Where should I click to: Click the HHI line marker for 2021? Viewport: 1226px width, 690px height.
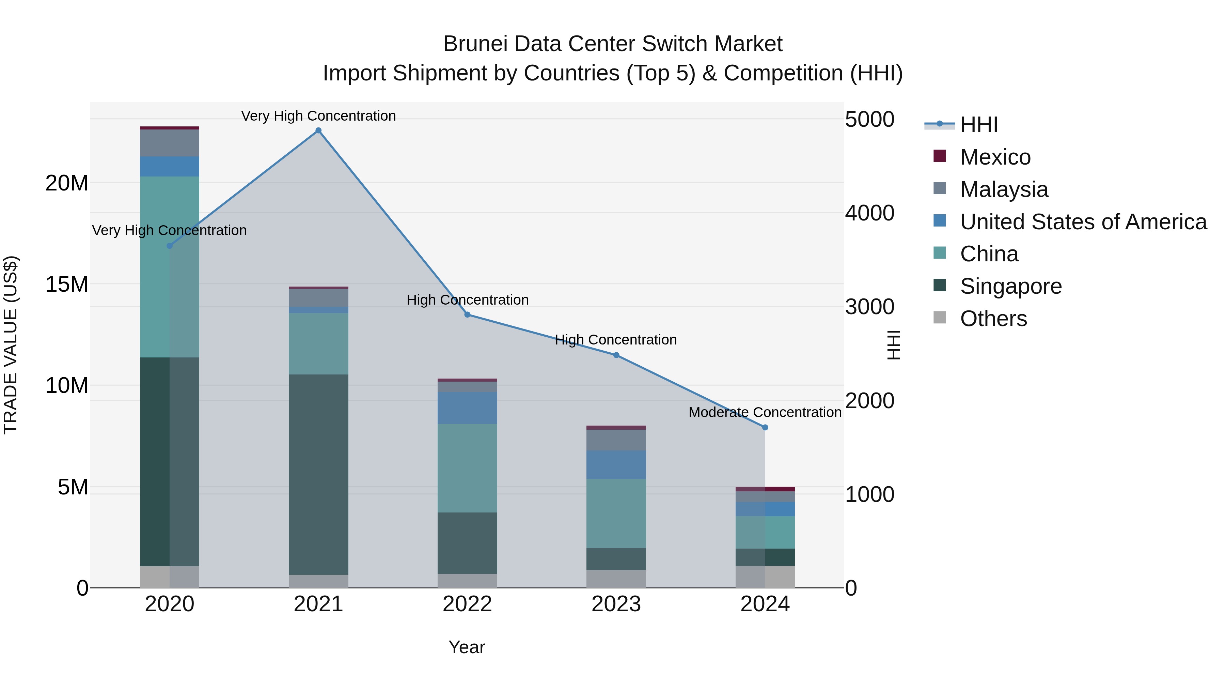click(318, 131)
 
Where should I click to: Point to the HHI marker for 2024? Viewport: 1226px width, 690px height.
click(765, 428)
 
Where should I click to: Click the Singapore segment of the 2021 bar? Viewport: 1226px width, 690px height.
click(318, 474)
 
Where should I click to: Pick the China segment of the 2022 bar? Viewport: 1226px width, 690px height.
click(467, 468)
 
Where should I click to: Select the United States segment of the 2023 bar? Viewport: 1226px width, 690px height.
click(616, 465)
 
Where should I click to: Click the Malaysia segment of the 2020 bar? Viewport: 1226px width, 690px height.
click(170, 143)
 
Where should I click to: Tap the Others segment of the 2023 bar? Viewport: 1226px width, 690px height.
click(616, 579)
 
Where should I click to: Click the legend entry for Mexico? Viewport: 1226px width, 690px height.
click(995, 157)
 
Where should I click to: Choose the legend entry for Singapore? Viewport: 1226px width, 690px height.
click(1010, 286)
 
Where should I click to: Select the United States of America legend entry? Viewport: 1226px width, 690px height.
click(1083, 222)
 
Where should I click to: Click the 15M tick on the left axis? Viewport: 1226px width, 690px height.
click(67, 284)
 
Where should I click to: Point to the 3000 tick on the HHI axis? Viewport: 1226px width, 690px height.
click(869, 307)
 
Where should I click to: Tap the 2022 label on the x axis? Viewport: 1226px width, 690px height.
click(467, 604)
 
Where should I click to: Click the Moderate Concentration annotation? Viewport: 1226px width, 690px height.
click(765, 412)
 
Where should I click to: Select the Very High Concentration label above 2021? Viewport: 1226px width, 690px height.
click(318, 116)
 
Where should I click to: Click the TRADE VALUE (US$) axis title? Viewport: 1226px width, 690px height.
click(11, 345)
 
